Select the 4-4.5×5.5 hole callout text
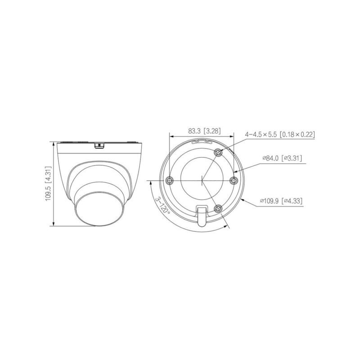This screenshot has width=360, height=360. [x=279, y=135]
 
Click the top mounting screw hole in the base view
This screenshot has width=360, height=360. [x=218, y=153]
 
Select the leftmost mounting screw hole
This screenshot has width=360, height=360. [x=169, y=180]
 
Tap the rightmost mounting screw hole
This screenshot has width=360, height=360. [x=233, y=180]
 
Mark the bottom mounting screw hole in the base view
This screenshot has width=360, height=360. [x=218, y=208]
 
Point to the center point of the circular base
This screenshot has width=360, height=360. [x=201, y=180]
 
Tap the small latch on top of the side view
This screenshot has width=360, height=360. [x=98, y=145]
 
